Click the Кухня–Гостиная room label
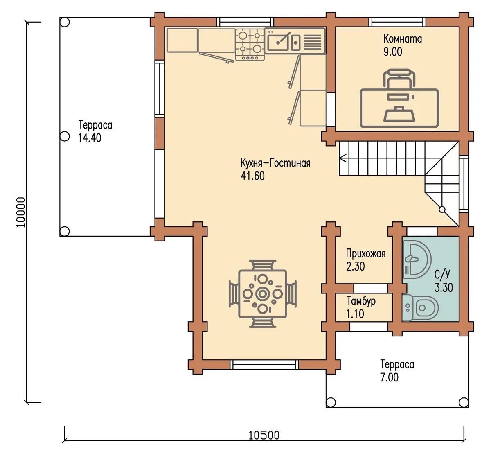pos(275,164)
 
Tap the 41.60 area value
pos(253,176)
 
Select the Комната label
pos(403,39)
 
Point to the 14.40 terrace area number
pos(90,138)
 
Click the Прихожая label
pos(366,254)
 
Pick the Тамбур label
pos(361,301)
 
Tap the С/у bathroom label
pos(442,274)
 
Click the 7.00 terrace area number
pos(390,378)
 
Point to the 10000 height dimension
pos(21,212)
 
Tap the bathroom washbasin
pos(417,259)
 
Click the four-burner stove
pos(250,45)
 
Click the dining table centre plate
pos(262,294)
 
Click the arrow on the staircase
pos(343,158)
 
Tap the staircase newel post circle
pos(442,210)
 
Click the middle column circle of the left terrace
pos(65,136)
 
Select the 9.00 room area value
pos(393,52)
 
